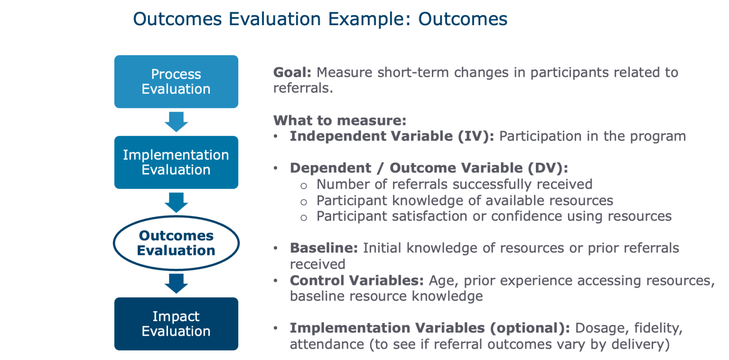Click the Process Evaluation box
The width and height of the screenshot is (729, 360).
pyautogui.click(x=176, y=81)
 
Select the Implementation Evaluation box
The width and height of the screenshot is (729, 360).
pyautogui.click(x=176, y=162)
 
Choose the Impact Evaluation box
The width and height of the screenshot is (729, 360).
pyautogui.click(x=176, y=324)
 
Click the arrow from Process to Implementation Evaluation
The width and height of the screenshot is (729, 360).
pyautogui.click(x=176, y=122)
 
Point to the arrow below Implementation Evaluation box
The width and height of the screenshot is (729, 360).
pyautogui.click(x=176, y=203)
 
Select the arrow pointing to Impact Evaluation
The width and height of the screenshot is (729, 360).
pyautogui.click(x=176, y=284)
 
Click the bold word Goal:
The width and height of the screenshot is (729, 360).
pyautogui.click(x=292, y=72)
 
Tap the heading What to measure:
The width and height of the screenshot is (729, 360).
pyautogui.click(x=340, y=120)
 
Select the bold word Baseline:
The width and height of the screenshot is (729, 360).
pyautogui.click(x=324, y=248)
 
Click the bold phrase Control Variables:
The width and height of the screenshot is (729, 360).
pyautogui.click(x=357, y=280)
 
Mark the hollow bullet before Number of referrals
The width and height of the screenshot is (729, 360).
pyautogui.click(x=304, y=186)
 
